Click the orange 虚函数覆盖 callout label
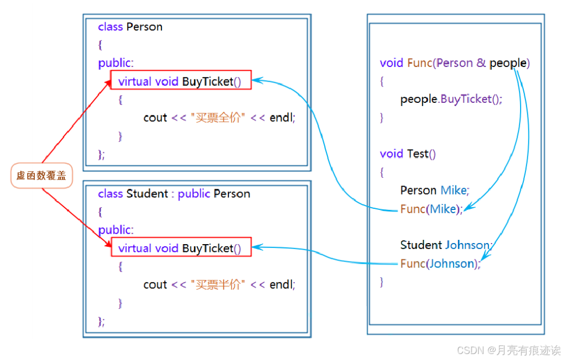point(41,176)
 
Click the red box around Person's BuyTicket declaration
point(181,80)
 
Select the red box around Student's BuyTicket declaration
point(181,247)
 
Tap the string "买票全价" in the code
point(217,117)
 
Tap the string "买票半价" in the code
point(217,284)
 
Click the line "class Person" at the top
point(130,27)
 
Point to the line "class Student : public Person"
point(174,194)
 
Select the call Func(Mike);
point(431,209)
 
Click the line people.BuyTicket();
point(451,99)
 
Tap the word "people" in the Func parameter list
point(508,63)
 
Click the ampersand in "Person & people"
point(481,63)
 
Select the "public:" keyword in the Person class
point(116,63)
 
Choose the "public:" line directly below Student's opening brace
point(116,230)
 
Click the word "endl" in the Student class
point(282,284)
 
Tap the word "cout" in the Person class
point(155,117)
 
